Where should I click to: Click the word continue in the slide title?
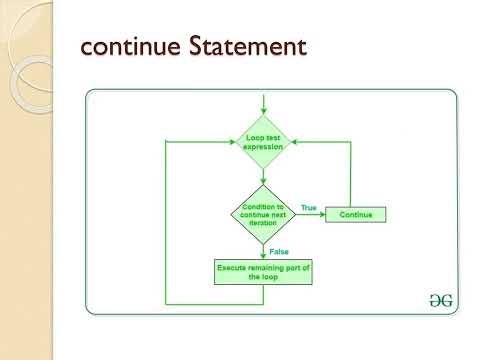click(x=130, y=47)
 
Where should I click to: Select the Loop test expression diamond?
click(x=263, y=142)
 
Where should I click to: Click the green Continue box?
click(x=356, y=214)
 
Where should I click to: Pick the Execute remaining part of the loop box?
click(x=263, y=272)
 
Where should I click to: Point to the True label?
click(x=308, y=207)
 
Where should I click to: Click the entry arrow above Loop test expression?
click(x=263, y=105)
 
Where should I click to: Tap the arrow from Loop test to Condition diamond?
click(x=263, y=175)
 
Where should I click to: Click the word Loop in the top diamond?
click(x=253, y=137)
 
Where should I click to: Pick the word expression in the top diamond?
click(x=263, y=147)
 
